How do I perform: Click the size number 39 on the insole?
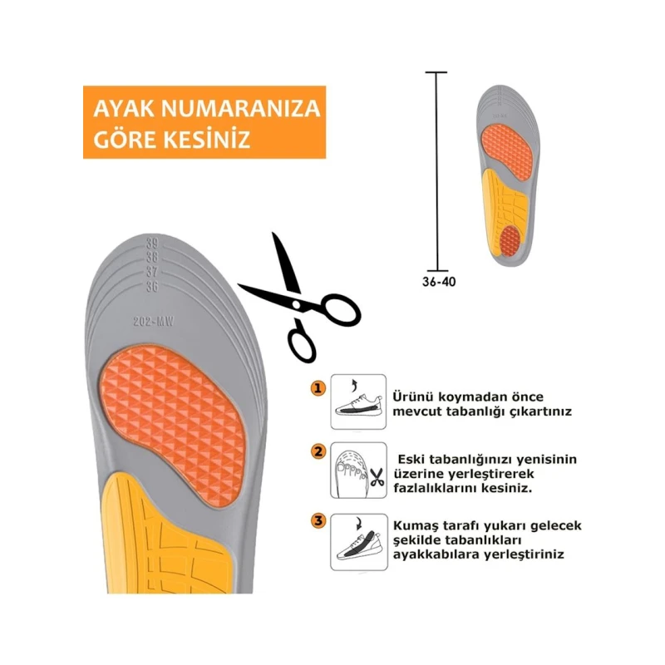pyautogui.click(x=151, y=244)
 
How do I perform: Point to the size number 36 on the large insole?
pyautogui.click(x=151, y=287)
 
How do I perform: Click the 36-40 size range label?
pyautogui.click(x=438, y=281)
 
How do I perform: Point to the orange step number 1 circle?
pyautogui.click(x=318, y=388)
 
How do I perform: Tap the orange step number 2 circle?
pyautogui.click(x=318, y=452)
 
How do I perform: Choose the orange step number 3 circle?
pyautogui.click(x=318, y=521)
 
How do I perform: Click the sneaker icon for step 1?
pyautogui.click(x=358, y=401)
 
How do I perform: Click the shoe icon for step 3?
pyautogui.click(x=358, y=541)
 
